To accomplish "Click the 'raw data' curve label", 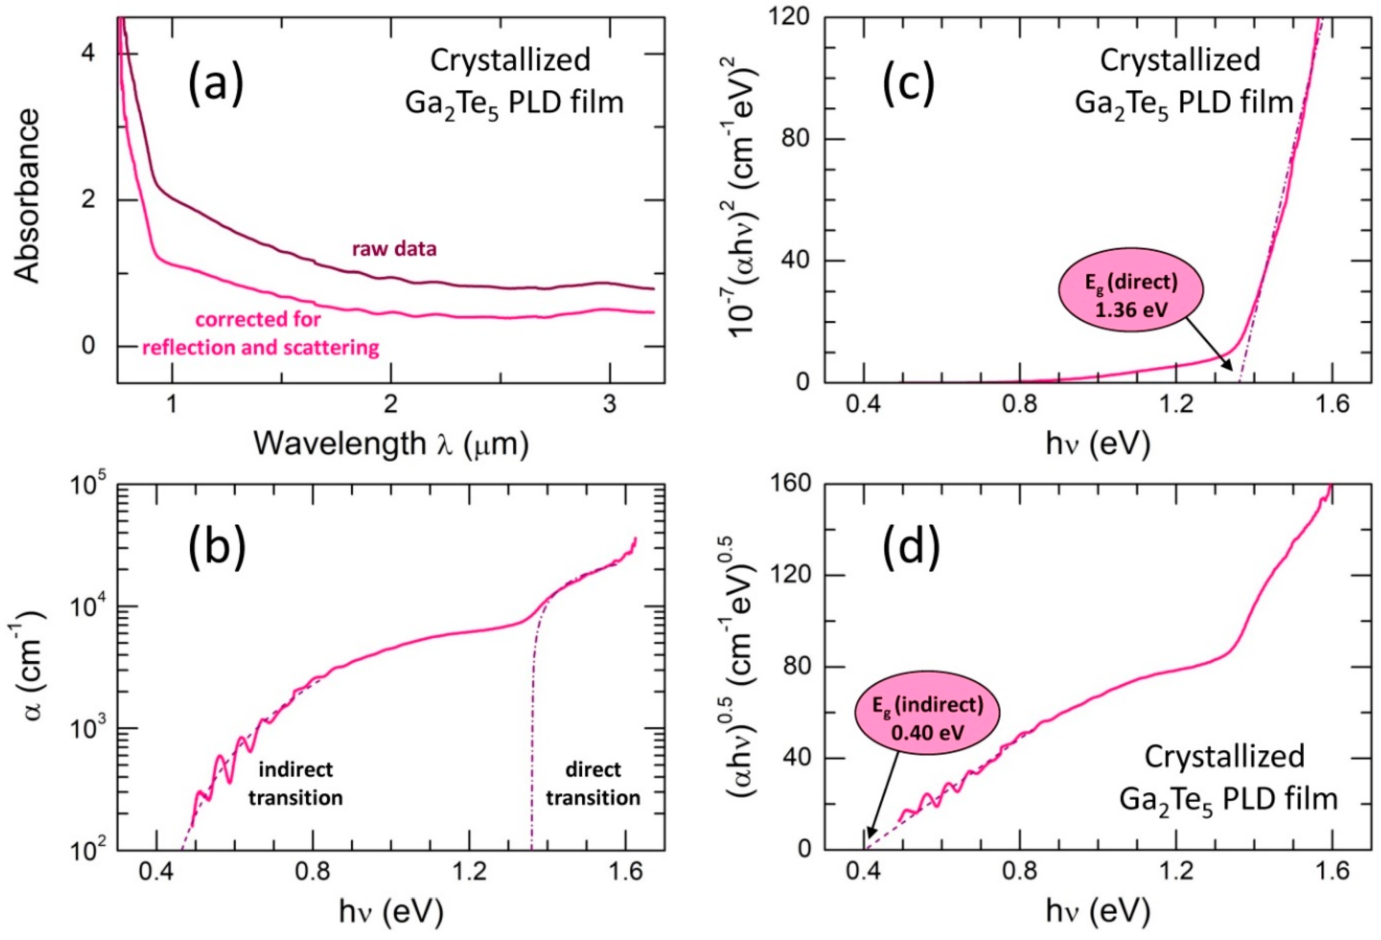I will coord(394,248).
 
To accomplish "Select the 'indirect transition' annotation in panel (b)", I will coord(295,783).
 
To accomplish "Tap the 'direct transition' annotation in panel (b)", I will coord(593,783).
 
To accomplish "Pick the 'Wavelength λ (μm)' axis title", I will coord(391,444).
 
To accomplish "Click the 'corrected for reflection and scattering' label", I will coord(260,333).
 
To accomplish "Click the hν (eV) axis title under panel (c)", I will coord(1098,444).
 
